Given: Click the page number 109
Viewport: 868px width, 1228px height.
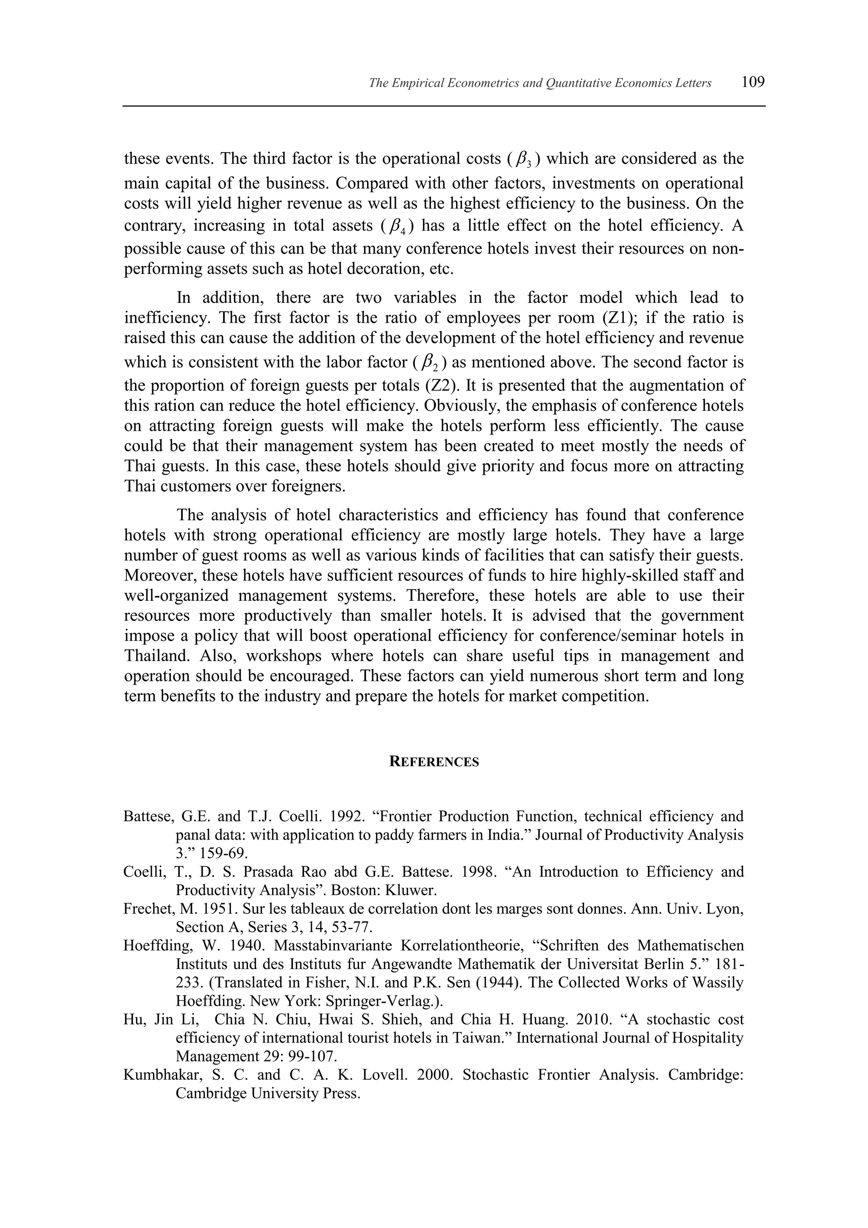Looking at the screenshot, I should point(753,82).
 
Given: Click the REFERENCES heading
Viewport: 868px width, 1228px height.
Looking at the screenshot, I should point(434,762).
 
